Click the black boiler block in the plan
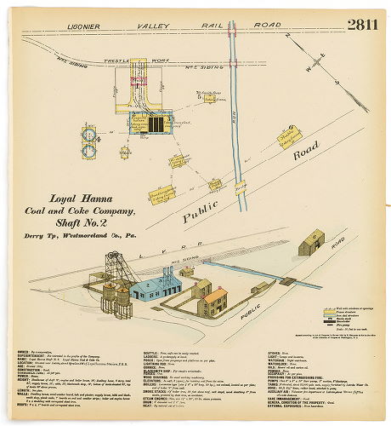[154, 124]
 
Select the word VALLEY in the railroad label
[161, 26]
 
